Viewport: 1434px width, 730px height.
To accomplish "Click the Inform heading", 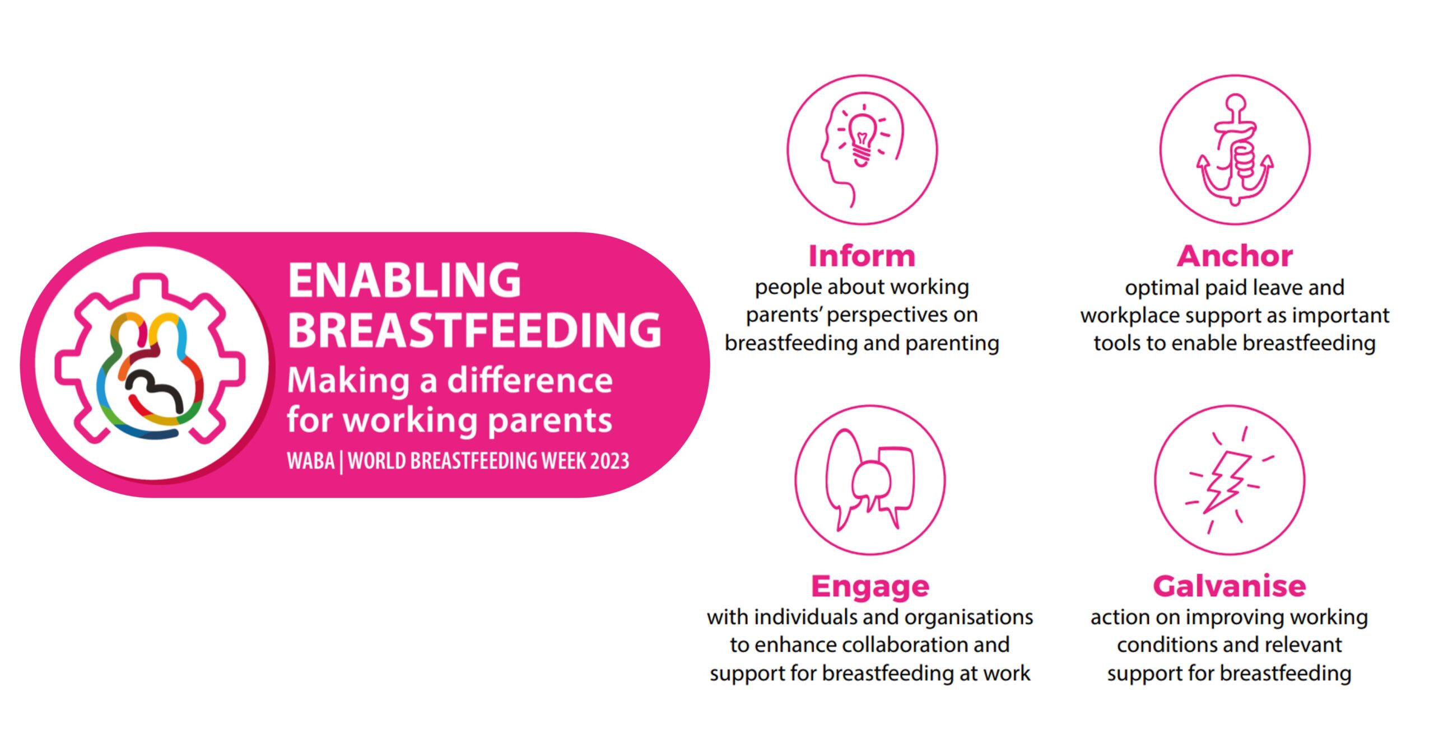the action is click(x=862, y=256).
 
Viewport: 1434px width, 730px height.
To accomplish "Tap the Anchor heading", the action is click(x=1235, y=256).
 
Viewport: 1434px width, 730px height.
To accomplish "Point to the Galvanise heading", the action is click(x=1230, y=586).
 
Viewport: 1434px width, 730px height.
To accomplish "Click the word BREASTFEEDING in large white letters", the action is click(x=474, y=330).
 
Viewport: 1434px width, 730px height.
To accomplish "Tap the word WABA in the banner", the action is click(x=311, y=461).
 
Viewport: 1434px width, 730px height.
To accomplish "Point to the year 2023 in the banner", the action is click(x=609, y=461).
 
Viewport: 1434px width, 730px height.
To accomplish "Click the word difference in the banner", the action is click(x=530, y=381).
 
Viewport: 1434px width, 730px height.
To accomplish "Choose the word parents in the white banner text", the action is click(x=550, y=422).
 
